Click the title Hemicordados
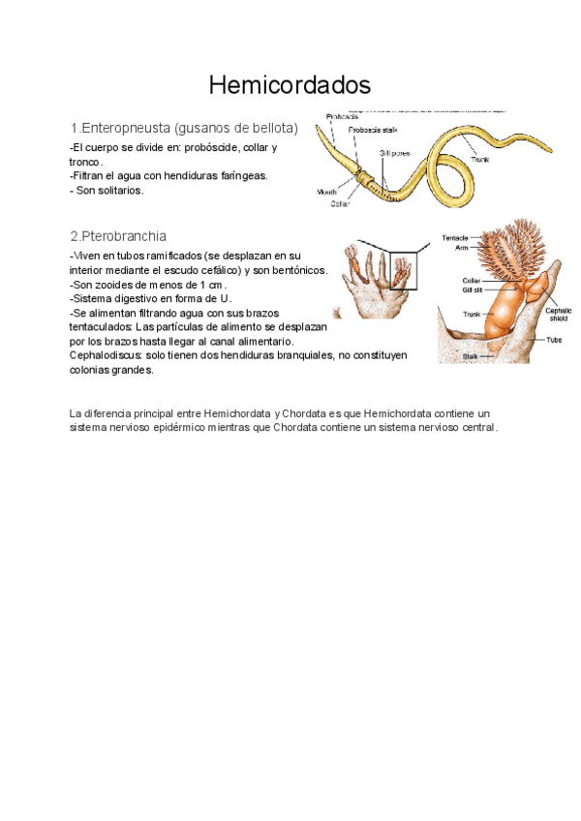coord(290,85)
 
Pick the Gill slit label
coord(474,289)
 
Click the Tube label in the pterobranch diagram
coord(553,340)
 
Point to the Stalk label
coord(470,356)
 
